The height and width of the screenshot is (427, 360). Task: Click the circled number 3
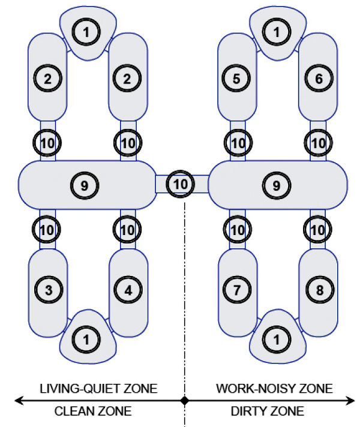tap(49, 290)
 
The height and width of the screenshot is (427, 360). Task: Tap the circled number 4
tap(128, 290)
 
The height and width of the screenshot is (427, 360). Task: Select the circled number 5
tap(236, 78)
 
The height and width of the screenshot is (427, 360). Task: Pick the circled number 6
tap(319, 78)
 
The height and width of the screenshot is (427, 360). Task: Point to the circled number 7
tap(236, 290)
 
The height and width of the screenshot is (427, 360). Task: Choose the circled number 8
tap(320, 290)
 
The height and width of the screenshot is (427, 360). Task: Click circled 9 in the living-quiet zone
tap(84, 185)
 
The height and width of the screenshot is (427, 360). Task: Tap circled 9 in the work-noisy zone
tap(277, 185)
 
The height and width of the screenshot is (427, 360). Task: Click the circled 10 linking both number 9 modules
tap(180, 184)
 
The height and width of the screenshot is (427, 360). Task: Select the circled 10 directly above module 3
tap(47, 229)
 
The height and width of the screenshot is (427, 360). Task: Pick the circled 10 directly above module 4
tap(127, 229)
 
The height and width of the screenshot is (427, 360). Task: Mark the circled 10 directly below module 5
tap(238, 143)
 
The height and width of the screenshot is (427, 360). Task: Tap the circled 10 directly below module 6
tap(318, 143)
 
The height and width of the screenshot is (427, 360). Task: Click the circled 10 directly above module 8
tap(317, 229)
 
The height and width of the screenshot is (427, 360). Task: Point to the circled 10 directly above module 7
tap(238, 229)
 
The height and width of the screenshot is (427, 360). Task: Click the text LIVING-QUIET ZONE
tap(98, 389)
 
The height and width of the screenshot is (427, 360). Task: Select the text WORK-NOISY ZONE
tap(274, 389)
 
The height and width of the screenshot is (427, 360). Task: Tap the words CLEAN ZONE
tap(93, 411)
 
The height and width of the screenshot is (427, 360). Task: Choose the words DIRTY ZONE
tap(268, 411)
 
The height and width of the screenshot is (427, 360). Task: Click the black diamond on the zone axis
tap(185, 401)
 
